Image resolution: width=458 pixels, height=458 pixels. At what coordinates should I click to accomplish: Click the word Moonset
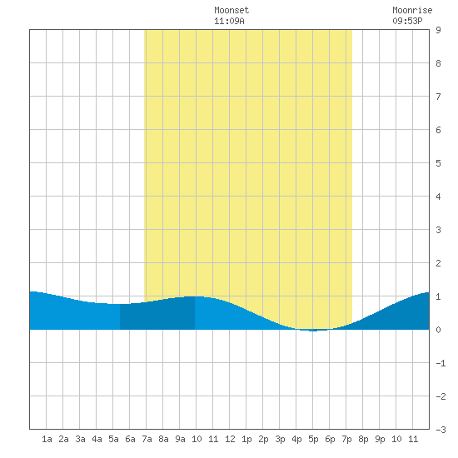pos(231,10)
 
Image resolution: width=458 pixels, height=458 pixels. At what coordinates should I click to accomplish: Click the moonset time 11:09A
pos(229,21)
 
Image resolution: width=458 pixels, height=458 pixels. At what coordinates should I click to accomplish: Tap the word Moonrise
pos(412,10)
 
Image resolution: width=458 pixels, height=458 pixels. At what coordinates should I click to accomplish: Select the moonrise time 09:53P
pos(407,21)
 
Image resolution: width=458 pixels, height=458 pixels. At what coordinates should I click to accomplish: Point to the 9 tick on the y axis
pos(438,30)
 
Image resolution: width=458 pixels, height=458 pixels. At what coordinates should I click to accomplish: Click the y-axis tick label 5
pos(438,163)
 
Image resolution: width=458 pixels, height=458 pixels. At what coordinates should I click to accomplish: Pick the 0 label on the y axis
pos(438,330)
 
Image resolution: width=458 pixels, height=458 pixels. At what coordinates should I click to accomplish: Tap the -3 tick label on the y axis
pos(441,430)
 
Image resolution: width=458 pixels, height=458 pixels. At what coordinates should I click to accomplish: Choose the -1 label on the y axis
pos(441,363)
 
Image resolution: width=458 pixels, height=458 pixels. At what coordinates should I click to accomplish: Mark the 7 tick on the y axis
pos(438,97)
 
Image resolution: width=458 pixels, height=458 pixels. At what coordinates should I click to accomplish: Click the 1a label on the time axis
pos(47,439)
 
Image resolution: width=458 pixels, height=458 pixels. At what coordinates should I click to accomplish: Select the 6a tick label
pos(130,439)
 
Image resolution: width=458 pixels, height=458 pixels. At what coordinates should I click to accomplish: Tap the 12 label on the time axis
pos(230,439)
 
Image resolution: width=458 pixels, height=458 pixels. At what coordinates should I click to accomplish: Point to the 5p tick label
pos(313,439)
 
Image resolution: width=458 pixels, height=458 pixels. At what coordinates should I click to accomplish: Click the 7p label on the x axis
pos(346,439)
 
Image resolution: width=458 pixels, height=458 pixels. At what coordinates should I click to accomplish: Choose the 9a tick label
pos(180,439)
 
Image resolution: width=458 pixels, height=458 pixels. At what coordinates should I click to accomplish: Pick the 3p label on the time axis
pos(280,439)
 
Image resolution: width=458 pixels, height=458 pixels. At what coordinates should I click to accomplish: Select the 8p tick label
pos(363,439)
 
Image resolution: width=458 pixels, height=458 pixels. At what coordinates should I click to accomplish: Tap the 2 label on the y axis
pos(438,263)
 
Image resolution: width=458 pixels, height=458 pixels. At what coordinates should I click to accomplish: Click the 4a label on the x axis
pos(97,439)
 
